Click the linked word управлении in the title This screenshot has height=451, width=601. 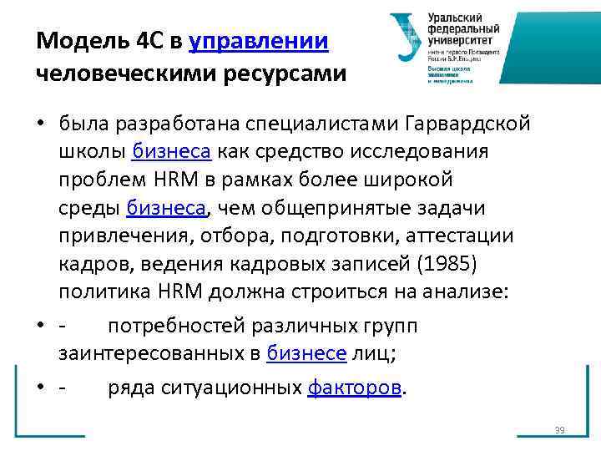[259, 41]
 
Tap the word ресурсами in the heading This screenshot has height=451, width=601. [283, 74]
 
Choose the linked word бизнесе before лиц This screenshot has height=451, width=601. [306, 353]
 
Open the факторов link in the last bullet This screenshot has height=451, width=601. [355, 388]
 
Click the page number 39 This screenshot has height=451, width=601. [559, 431]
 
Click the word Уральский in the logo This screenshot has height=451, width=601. [455, 17]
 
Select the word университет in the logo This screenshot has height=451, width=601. [460, 40]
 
